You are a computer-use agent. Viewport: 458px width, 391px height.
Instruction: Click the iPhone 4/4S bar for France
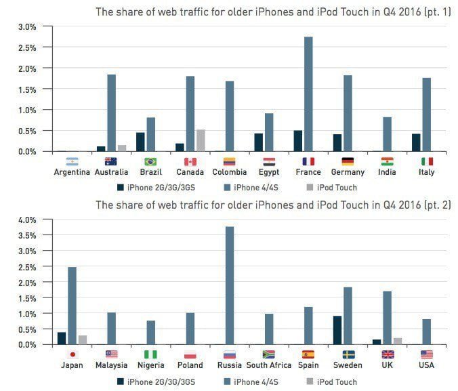click(x=308, y=94)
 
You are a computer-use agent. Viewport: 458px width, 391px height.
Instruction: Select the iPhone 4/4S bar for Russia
click(x=230, y=285)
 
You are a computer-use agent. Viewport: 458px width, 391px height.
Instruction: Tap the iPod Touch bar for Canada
click(x=201, y=140)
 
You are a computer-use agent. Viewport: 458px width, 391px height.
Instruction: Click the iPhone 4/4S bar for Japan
click(x=72, y=306)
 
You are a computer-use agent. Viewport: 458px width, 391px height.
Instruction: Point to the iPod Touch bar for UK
click(x=397, y=341)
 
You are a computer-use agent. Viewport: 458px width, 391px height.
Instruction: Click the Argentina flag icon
click(x=72, y=162)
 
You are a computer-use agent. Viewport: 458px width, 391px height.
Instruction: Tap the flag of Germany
click(x=348, y=162)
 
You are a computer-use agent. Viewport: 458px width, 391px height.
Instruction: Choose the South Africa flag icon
click(x=269, y=354)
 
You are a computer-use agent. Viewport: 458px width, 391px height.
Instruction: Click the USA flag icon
click(x=426, y=354)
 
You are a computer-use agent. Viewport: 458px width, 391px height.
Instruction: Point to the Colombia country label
click(x=230, y=172)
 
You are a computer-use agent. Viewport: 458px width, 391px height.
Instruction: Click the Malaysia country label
click(x=111, y=365)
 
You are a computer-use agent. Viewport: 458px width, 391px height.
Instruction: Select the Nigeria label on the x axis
click(x=150, y=365)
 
